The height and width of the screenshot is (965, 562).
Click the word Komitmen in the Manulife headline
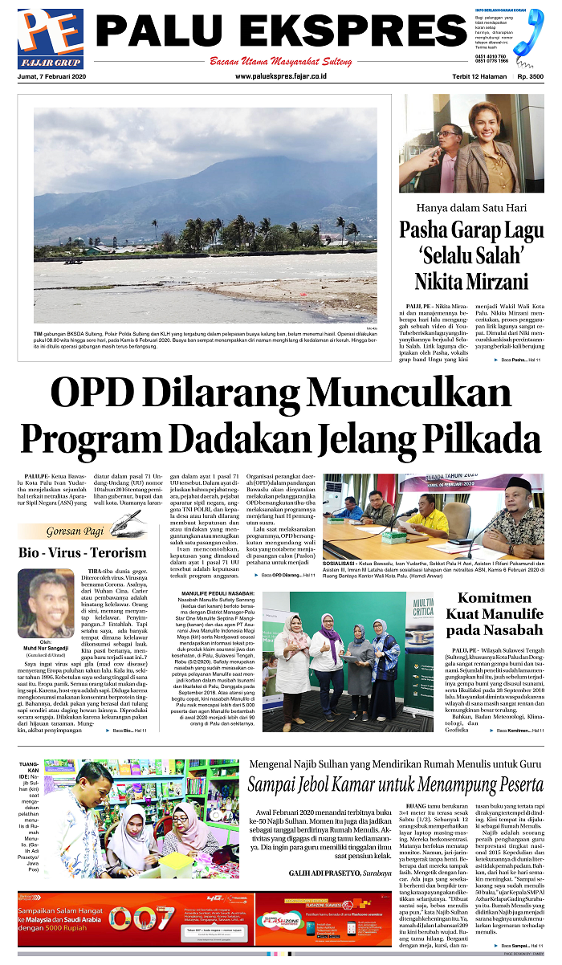[495, 598]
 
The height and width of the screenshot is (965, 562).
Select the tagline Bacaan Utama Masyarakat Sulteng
[280, 61]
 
